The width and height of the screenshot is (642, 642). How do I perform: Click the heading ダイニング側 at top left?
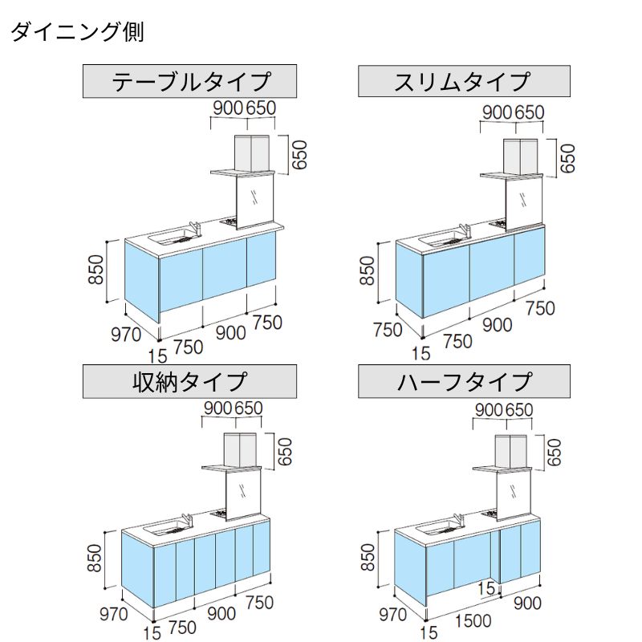tap(77, 33)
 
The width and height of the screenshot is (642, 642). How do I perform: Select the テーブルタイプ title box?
tap(191, 82)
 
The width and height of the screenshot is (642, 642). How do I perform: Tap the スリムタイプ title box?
tap(463, 82)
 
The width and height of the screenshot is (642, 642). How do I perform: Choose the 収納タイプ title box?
tap(190, 381)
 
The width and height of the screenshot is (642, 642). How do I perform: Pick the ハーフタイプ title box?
tap(464, 381)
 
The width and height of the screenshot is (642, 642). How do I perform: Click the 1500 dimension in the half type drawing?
tap(469, 621)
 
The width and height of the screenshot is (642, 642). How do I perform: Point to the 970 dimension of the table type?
tap(126, 335)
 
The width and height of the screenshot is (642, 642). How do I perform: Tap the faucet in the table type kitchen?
tap(193, 229)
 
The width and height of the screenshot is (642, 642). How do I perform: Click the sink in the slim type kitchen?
tap(440, 238)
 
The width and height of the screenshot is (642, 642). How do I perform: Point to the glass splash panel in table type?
tap(258, 197)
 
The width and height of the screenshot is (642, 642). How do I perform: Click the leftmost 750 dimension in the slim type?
tap(388, 328)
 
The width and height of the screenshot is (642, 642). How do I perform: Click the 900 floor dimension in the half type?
tap(528, 604)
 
